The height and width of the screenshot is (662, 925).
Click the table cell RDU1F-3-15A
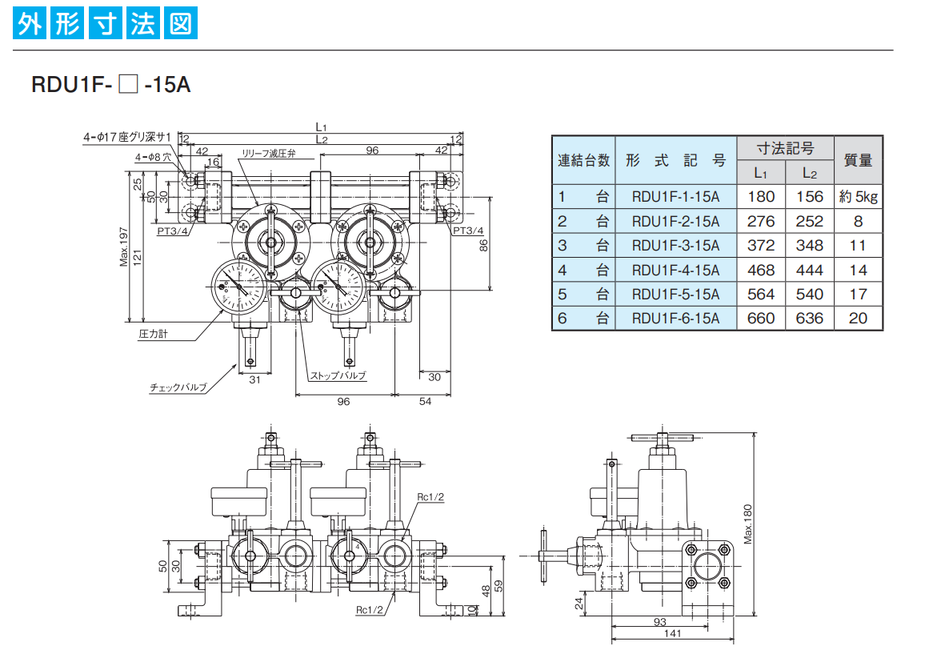675,246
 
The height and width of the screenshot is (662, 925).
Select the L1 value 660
761,319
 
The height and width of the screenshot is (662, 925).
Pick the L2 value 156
810,197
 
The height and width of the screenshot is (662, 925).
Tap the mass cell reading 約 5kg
859,197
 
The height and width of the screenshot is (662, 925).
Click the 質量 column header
859,160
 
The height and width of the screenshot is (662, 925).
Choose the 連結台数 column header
583,160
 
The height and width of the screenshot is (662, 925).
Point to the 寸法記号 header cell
785,148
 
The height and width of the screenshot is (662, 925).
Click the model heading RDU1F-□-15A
111,84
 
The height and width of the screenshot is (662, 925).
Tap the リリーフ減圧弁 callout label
268,154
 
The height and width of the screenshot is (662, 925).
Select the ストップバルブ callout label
338,375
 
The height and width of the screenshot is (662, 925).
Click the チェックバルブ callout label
178,387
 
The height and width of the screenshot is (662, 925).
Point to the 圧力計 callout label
153,334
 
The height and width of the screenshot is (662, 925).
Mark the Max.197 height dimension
123,247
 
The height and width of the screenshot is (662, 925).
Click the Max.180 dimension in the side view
747,524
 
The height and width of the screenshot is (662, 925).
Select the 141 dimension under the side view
672,634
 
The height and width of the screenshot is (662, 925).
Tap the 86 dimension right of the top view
484,246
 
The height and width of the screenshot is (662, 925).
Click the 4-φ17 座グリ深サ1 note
127,137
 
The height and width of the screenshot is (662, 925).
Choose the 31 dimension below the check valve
254,380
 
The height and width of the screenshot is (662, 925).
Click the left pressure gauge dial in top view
239,287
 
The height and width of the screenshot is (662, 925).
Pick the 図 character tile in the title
181,23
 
